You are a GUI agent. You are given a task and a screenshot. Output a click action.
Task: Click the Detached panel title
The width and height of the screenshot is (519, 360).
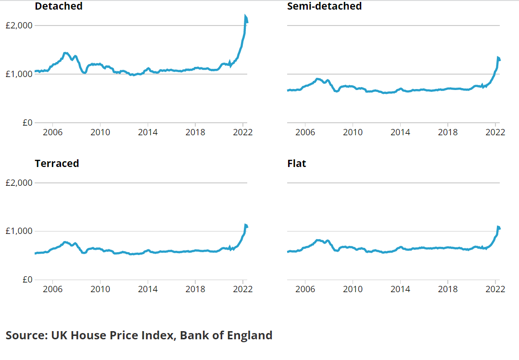59,6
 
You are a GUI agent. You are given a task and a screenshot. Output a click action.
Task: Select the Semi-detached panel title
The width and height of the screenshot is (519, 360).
324,6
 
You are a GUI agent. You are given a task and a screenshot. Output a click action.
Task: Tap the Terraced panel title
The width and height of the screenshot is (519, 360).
57,163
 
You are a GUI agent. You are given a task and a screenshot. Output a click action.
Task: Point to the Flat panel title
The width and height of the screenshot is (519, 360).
296,163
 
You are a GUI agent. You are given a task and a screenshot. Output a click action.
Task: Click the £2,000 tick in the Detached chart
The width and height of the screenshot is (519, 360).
19,26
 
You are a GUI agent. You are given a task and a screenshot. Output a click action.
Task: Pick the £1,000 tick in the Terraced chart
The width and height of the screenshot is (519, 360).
19,231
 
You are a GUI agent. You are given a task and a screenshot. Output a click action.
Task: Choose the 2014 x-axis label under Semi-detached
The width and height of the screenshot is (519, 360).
400,132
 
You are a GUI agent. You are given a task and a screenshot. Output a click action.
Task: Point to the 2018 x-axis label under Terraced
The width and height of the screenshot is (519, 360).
195,289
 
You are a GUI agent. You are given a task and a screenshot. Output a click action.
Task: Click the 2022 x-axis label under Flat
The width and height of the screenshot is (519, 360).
495,289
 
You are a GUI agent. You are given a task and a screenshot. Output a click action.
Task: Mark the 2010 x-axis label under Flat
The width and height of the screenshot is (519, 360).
353,289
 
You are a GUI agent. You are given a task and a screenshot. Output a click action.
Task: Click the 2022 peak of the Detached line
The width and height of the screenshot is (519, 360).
245,17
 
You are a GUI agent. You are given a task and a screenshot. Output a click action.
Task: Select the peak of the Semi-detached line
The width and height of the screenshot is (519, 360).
498,58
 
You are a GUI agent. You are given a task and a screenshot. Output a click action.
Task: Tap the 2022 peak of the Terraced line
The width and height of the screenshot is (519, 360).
245,225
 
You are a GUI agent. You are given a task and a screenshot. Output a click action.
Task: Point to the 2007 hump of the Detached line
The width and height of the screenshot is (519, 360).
66,53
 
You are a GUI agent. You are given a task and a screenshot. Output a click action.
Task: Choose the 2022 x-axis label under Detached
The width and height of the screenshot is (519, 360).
242,132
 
